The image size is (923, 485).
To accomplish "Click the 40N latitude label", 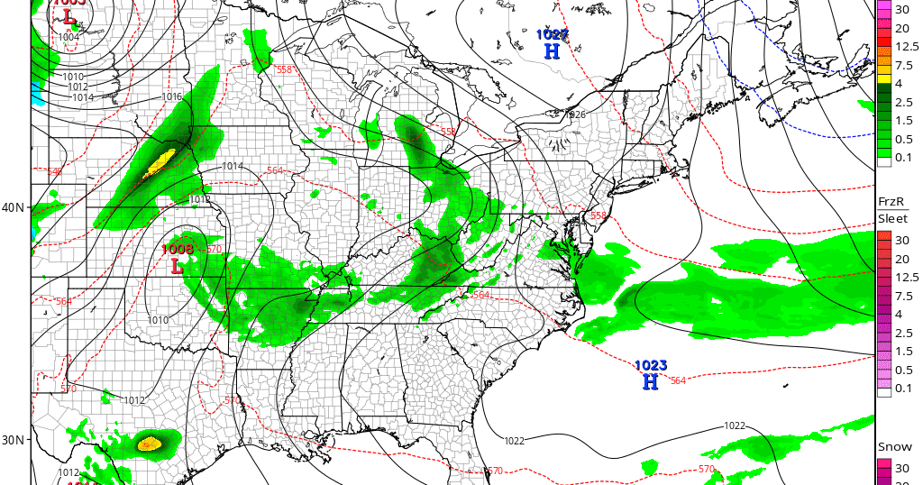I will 13,207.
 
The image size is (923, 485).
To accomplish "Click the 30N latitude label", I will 13,440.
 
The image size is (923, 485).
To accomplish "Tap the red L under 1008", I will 177,266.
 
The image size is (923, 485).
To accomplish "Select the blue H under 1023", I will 650,382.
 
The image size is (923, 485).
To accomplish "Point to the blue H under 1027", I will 552,51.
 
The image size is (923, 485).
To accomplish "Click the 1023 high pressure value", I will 651,365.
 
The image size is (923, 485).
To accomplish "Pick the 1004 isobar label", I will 69,37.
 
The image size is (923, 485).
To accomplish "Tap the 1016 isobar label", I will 171,97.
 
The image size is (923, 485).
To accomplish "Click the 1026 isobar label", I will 576,114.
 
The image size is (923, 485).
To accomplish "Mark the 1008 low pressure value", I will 178,249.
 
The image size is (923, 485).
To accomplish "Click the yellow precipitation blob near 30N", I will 149,444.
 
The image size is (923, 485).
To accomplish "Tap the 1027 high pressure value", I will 553,34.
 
